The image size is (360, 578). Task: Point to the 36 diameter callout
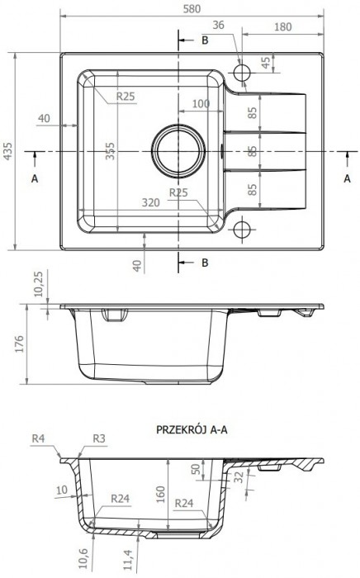click(x=218, y=26)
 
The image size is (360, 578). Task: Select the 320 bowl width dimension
click(x=151, y=201)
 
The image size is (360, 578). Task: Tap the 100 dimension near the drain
click(x=200, y=104)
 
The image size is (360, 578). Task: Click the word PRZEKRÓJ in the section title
click(x=180, y=429)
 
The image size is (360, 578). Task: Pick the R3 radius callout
click(x=99, y=438)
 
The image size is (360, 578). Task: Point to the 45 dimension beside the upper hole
click(x=266, y=62)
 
